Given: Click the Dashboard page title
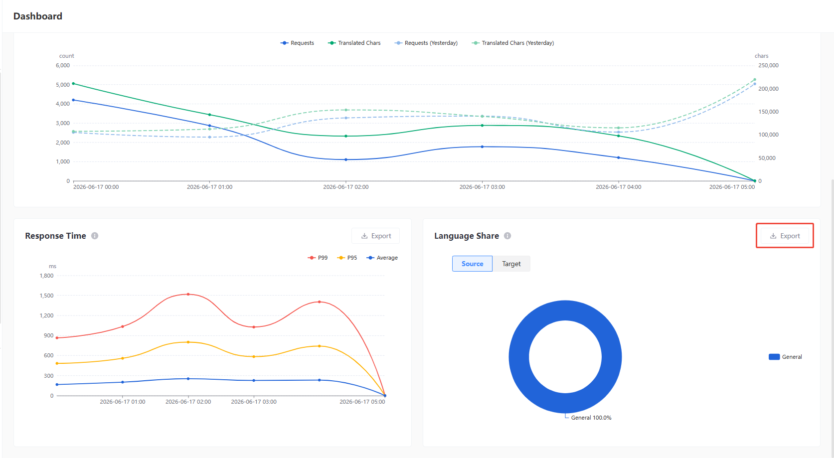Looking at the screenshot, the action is tap(37, 16).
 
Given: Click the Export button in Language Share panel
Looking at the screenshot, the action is tap(785, 236).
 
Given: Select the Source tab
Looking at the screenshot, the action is tap(472, 264).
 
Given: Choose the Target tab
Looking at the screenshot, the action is tap(511, 264).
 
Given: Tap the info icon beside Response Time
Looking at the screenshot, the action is tap(95, 236).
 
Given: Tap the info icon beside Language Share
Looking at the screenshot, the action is tap(507, 236).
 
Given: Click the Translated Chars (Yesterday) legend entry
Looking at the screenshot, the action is tap(512, 43).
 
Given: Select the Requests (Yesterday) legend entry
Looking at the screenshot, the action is tap(426, 43).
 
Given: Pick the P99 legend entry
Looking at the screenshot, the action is tap(318, 258).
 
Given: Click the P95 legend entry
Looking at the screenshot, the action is tap(346, 258).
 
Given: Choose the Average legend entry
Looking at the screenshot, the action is tap(382, 258).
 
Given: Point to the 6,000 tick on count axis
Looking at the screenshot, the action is tap(62, 65).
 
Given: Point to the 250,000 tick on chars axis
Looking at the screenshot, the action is tap(769, 65).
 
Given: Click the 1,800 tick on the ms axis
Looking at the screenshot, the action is tap(46, 276).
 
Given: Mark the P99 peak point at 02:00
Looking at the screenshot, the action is tap(188, 294).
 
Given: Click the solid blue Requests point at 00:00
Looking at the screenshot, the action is tap(73, 100).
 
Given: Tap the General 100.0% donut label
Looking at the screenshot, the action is tap(591, 418).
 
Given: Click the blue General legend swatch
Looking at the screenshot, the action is tap(774, 357).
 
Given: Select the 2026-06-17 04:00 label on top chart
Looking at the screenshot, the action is tap(619, 187).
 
